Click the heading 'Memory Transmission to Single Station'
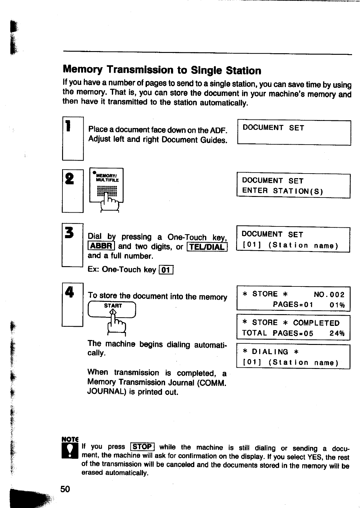point(162,70)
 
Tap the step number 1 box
point(73,138)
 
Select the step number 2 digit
point(70,179)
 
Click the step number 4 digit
point(70,292)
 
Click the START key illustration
point(112,309)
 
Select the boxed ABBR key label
point(101,246)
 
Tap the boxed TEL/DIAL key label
point(207,247)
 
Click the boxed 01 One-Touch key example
point(166,270)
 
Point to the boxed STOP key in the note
point(142,446)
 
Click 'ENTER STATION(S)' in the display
point(282,191)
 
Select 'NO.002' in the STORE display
point(329,294)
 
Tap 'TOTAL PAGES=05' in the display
point(278,333)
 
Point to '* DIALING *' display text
point(271,352)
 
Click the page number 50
point(65,489)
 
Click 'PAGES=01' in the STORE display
point(293,305)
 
